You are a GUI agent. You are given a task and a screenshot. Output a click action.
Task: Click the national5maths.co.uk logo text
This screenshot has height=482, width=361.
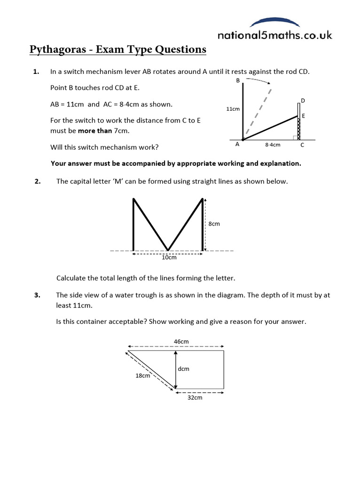tap(275, 35)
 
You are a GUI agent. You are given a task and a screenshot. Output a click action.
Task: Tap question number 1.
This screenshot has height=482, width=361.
tap(35, 72)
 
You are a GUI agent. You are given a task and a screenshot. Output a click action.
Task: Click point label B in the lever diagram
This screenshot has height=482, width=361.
tap(238, 81)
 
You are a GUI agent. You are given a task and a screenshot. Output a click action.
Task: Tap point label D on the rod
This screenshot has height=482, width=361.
tap(303, 101)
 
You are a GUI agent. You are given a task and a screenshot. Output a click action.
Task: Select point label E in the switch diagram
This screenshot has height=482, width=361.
tap(303, 116)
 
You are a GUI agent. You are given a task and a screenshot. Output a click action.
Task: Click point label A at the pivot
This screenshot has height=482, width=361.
tap(237, 145)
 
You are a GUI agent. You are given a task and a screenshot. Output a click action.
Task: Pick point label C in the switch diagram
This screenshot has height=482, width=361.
tap(302, 145)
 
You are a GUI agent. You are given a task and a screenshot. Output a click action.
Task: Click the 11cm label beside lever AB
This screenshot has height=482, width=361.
tap(233, 109)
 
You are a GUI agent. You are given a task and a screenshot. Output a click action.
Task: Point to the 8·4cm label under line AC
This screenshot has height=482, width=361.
tap(273, 145)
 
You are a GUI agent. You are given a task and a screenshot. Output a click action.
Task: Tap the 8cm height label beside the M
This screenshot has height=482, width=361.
tap(214, 224)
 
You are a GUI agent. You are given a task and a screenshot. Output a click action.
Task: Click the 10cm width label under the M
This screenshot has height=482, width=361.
tap(169, 257)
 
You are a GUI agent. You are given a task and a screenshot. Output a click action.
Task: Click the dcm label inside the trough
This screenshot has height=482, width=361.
tap(183, 369)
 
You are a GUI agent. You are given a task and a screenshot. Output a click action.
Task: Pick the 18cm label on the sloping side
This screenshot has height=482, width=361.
tap(143, 376)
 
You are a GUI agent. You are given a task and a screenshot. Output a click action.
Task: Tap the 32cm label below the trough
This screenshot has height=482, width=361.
tap(195, 398)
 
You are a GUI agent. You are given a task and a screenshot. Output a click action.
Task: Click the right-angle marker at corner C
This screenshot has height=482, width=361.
tap(295, 137)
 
